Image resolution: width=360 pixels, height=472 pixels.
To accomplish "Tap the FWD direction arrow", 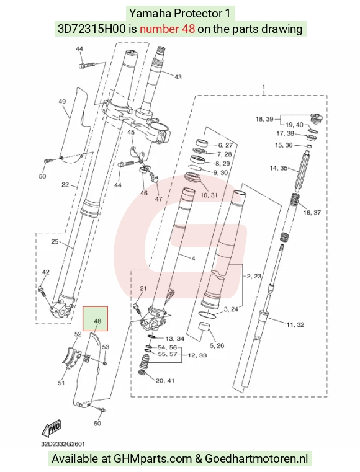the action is click(52, 429).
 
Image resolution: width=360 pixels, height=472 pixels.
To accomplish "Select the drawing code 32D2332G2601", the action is click(63, 444).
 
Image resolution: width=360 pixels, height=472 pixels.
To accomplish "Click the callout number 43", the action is click(178, 77).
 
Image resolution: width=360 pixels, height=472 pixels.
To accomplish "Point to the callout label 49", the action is click(62, 102).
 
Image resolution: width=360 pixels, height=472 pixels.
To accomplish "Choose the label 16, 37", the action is click(312, 213).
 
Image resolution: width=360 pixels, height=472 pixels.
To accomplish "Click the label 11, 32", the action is click(295, 324).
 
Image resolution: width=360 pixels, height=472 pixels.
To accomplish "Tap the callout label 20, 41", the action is click(164, 381).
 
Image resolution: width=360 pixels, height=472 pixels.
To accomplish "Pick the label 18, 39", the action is click(264, 119).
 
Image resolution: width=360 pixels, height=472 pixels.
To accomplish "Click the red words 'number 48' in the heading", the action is click(167, 29).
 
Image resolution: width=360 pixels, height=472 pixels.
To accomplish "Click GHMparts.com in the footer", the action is click(153, 460).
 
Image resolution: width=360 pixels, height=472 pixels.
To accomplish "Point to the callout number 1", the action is click(264, 87).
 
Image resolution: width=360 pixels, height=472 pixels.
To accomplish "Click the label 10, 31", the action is click(209, 195).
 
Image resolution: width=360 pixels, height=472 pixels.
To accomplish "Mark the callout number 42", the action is click(45, 272).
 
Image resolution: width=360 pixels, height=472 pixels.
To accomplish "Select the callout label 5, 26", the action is click(217, 345).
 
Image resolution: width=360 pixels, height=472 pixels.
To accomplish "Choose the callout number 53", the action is click(106, 347).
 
